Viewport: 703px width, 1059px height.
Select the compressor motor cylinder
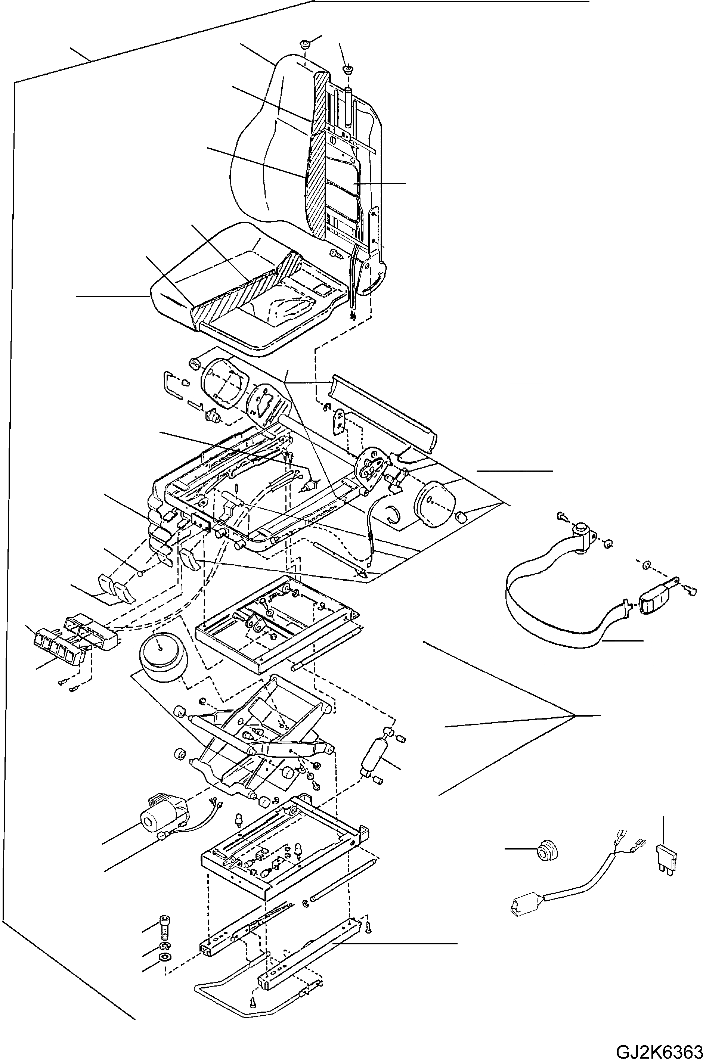pos(155,820)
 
